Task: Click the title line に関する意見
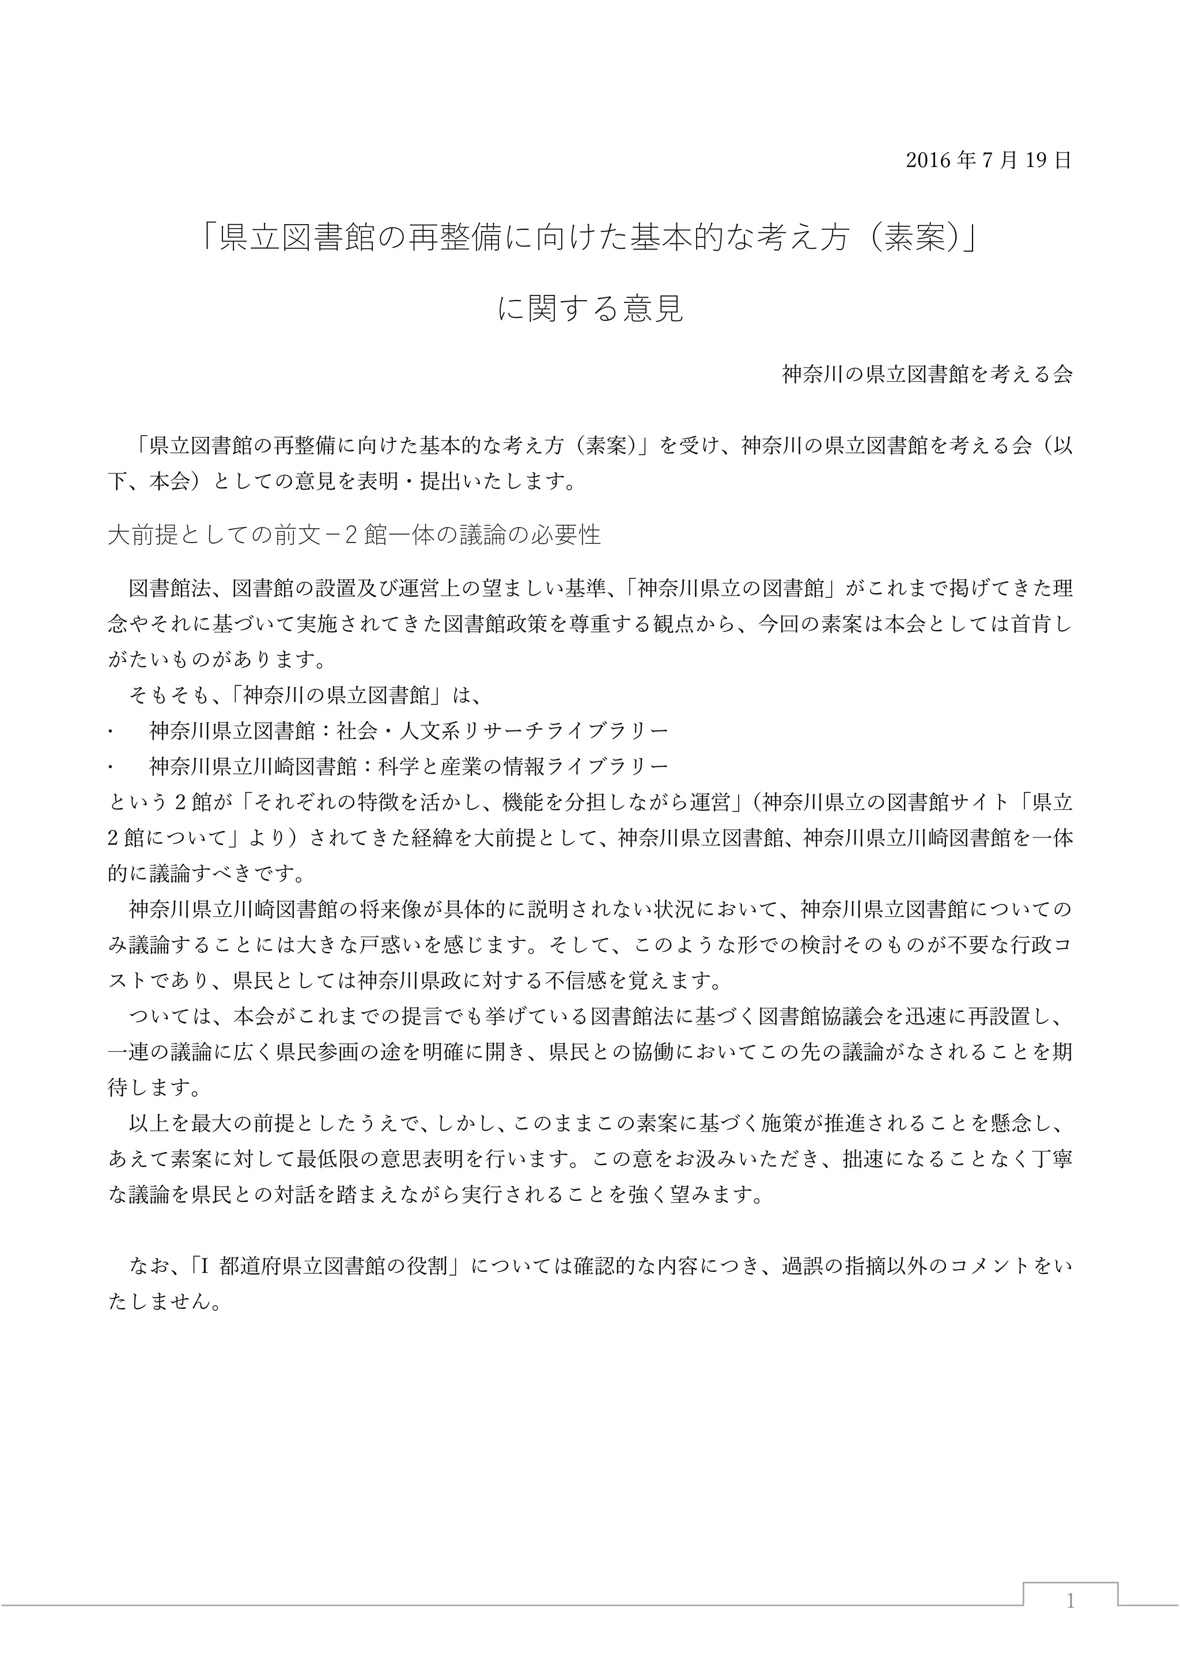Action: pyautogui.click(x=590, y=309)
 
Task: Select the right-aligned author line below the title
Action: pyautogui.click(x=926, y=375)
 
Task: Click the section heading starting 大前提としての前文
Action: pyautogui.click(x=354, y=536)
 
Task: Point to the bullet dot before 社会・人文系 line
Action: pyautogui.click(x=111, y=731)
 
